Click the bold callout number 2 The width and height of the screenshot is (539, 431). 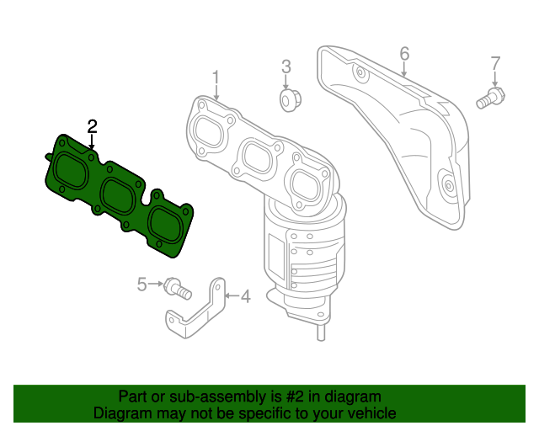92,127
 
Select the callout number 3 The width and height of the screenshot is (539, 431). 286,67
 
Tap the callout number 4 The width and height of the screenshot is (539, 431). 245,296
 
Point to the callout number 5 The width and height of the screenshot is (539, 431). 141,285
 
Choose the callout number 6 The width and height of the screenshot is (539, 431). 404,55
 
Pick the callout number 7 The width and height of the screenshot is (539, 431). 495,64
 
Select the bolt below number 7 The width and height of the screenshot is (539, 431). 490,98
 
